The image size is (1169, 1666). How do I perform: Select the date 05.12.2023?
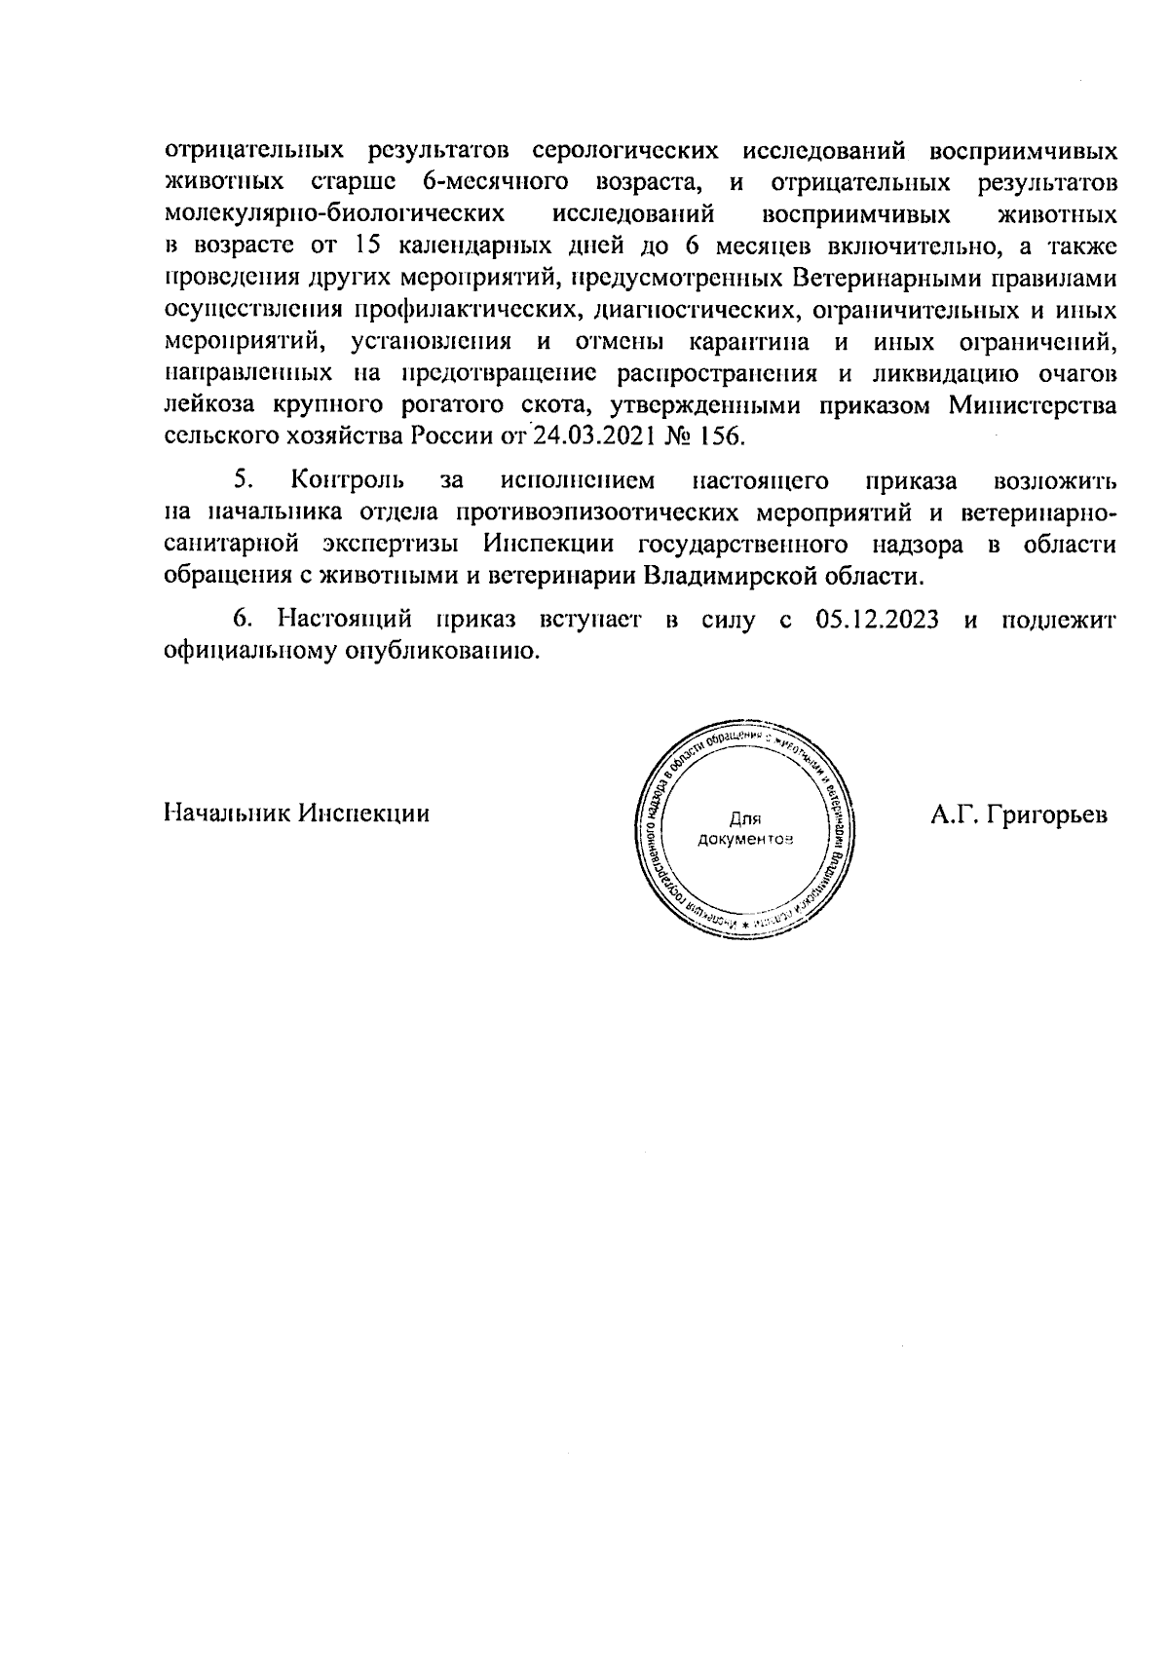coord(873,621)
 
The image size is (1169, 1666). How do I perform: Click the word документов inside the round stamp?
coord(745,839)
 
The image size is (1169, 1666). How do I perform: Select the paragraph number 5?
coord(244,480)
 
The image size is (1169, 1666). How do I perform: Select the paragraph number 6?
coord(243,621)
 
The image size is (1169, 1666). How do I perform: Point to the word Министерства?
coord(1033,404)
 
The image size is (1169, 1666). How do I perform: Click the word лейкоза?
coord(204,404)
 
